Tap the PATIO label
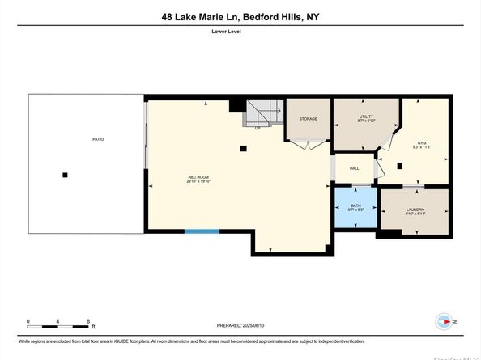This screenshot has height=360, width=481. click(98, 139)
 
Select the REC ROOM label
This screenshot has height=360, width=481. click(199, 180)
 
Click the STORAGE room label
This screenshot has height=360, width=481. click(308, 119)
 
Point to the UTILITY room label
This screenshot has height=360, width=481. click(366, 119)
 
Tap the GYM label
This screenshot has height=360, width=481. click(421, 144)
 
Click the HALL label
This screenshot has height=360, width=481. click(354, 168)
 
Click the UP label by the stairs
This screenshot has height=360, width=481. click(258, 127)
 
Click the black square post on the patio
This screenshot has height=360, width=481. click(66, 175)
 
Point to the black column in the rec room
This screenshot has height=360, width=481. click(244, 148)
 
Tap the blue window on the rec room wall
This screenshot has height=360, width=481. click(202, 231)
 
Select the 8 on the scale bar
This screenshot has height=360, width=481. click(87, 321)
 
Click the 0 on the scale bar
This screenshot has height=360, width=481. click(28, 321)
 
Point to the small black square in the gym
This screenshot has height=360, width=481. click(400, 167)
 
